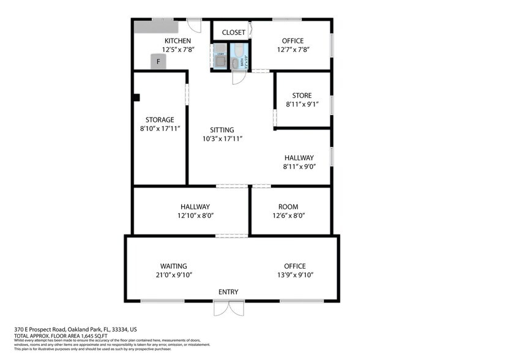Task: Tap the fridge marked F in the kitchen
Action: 158,62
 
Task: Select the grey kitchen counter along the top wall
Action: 155,27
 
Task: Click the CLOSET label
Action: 233,32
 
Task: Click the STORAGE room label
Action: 160,119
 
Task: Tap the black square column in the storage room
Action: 137,97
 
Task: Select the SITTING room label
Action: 222,130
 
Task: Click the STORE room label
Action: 302,96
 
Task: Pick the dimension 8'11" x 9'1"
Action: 302,105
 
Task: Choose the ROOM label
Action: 288,207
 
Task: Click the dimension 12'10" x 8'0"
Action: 195,216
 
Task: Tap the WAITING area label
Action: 174,266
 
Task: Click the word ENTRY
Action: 228,292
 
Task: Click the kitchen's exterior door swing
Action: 194,27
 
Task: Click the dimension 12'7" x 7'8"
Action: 292,50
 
